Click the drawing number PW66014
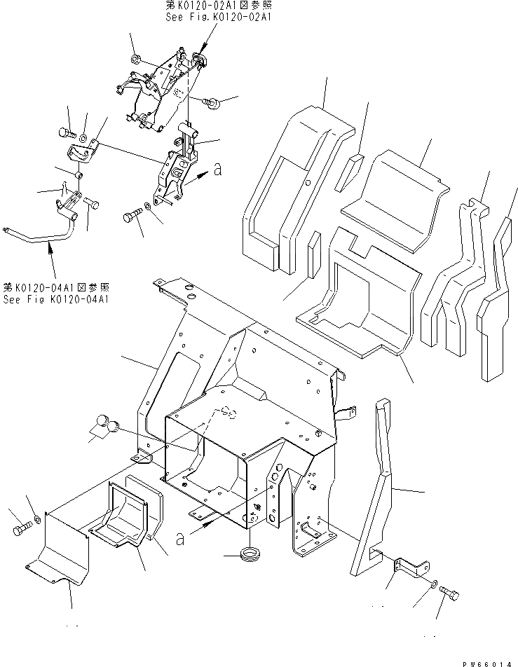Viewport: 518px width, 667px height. point(483,659)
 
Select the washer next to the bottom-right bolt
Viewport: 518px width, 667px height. point(435,584)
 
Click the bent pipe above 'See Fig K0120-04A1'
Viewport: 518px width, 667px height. point(42,237)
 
